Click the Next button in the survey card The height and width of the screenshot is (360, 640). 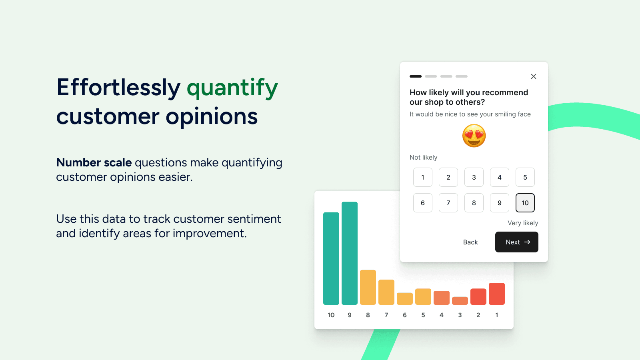tap(516, 242)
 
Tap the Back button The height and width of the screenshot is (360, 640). tap(470, 242)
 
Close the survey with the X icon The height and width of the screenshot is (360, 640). tap(534, 76)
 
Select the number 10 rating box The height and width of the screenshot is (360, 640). tap(525, 203)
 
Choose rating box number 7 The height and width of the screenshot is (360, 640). tap(448, 203)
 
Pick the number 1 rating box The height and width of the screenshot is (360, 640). tap(422, 177)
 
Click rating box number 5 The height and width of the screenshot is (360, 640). tap(525, 177)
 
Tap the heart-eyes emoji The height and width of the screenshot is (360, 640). tap(474, 136)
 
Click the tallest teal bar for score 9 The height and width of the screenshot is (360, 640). tap(350, 253)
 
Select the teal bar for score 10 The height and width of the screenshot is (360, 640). tap(331, 258)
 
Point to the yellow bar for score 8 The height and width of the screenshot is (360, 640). tap(368, 287)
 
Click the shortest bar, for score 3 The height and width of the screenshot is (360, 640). tap(460, 300)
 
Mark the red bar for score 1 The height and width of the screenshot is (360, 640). tap(496, 294)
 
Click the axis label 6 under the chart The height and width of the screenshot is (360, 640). tap(404, 315)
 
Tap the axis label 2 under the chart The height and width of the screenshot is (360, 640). tap(478, 315)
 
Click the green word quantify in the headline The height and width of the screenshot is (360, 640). tap(232, 88)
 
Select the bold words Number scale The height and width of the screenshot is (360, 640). tap(94, 162)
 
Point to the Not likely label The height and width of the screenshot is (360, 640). tap(424, 157)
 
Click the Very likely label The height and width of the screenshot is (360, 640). tap(523, 223)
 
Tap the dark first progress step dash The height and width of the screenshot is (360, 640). tap(416, 76)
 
